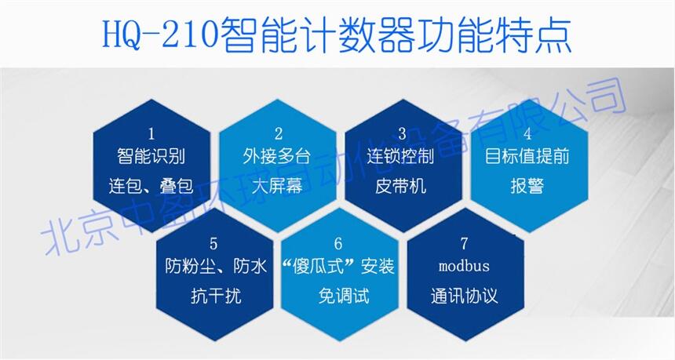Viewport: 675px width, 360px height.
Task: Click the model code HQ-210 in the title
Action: tap(159, 35)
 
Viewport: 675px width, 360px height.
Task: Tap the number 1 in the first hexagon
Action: tap(151, 134)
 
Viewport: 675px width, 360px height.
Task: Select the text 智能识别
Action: tap(151, 156)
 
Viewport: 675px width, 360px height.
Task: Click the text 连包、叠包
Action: tap(151, 186)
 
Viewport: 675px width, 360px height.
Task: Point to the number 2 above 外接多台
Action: tap(278, 134)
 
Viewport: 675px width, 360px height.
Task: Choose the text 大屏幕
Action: tap(278, 186)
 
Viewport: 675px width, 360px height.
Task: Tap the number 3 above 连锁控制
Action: tap(402, 134)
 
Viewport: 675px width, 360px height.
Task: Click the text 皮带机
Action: tap(401, 186)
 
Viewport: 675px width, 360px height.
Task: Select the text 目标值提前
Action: tap(527, 156)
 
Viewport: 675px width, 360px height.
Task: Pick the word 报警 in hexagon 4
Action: tap(527, 186)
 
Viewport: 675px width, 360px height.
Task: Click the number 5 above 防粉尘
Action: tap(213, 244)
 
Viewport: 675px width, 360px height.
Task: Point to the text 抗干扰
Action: tap(216, 296)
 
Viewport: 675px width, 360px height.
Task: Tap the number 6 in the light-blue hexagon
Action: tap(338, 244)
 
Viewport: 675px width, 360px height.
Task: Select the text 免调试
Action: tap(344, 296)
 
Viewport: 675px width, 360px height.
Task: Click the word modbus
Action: tap(464, 266)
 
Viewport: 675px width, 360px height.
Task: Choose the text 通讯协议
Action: tap(465, 296)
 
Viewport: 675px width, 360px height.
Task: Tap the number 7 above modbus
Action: tap(464, 244)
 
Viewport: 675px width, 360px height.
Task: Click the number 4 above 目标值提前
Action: tap(527, 134)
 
